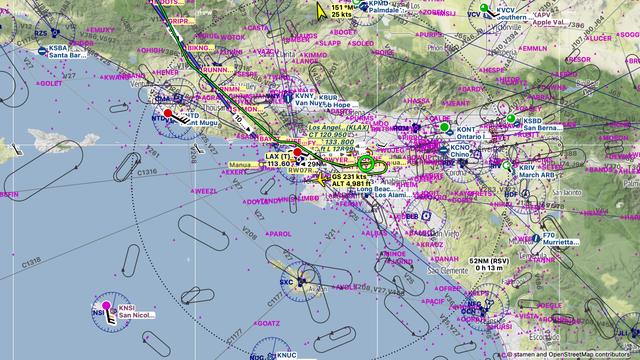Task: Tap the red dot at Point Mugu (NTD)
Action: pyautogui.click(x=168, y=114)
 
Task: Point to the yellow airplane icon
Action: pyautogui.click(x=322, y=11)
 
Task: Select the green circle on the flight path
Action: pyautogui.click(x=366, y=162)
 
